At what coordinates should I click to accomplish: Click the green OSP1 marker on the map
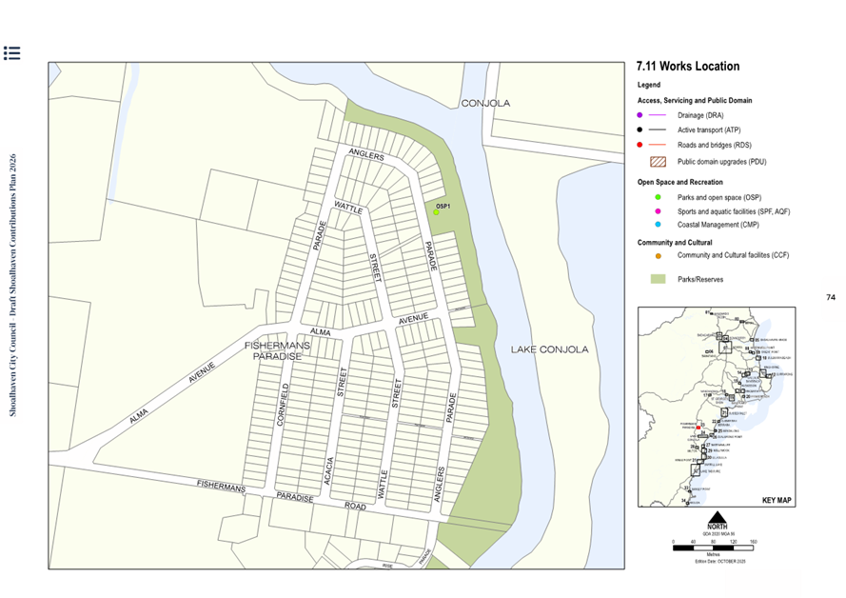pos(436,212)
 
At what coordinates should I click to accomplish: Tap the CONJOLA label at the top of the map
pos(485,103)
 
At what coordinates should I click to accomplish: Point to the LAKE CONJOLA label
pos(549,349)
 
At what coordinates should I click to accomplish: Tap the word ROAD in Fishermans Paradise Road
pos(355,507)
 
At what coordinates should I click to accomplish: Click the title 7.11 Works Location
pos(687,67)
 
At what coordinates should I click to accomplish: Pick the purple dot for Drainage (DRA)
pos(640,114)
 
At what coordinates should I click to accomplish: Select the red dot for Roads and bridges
pos(640,145)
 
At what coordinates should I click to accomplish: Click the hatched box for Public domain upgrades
pos(657,161)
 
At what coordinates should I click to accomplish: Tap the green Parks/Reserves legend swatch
pos(657,278)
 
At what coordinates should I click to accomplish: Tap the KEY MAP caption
pos(777,500)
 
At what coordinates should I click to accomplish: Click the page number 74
pos(831,298)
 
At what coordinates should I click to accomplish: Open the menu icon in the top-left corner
pos(11,52)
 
